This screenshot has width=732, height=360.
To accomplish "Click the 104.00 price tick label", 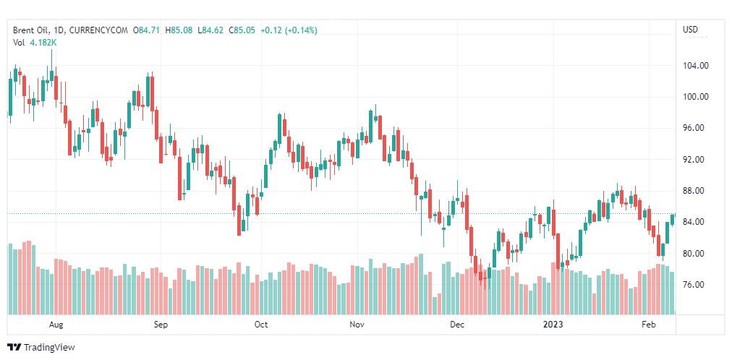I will tap(696, 66).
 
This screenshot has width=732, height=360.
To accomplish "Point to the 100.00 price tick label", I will tap(696, 97).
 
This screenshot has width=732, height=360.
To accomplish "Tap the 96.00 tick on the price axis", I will tap(696, 128).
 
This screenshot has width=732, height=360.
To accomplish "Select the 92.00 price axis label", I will tap(696, 160).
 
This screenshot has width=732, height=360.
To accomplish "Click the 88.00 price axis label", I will tap(696, 191).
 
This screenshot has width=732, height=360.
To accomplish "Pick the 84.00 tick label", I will tap(696, 222).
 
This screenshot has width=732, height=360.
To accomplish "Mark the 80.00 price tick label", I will tap(696, 254).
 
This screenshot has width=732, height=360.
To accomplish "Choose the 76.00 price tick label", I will tap(696, 285).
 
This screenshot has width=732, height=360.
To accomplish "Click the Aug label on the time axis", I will tap(56, 325).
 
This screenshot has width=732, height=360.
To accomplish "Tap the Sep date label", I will tap(161, 325).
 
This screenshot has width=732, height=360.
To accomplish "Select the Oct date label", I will tap(261, 325).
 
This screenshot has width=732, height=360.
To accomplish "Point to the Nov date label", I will tap(357, 325).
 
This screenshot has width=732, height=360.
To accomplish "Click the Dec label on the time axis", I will tap(456, 325).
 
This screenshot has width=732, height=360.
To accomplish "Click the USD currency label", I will tap(690, 30).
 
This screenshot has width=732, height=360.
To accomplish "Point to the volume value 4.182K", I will tap(43, 43).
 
